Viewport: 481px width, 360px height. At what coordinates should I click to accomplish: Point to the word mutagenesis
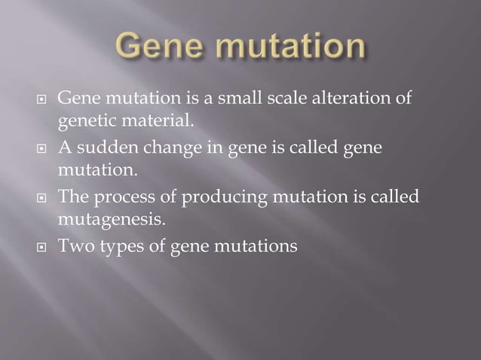[106, 220]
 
